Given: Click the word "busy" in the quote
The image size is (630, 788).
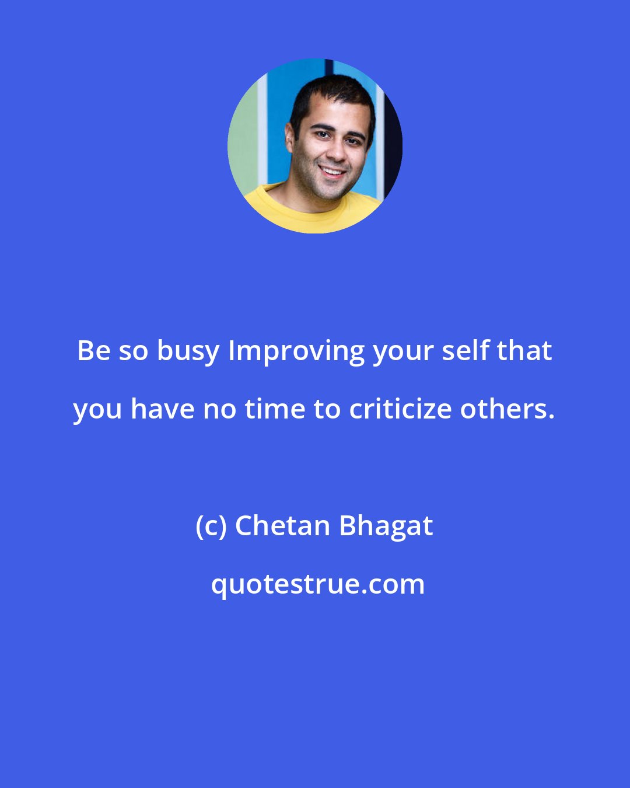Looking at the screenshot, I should [x=188, y=351].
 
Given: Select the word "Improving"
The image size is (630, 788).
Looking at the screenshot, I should [x=296, y=351].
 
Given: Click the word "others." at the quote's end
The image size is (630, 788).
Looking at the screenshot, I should [x=507, y=409].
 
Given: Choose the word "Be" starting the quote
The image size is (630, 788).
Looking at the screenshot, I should [x=93, y=351].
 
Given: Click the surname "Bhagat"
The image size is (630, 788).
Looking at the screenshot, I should [x=386, y=527].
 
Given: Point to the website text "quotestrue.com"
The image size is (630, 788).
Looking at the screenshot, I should [x=318, y=584].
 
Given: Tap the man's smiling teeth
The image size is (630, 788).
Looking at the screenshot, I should [x=332, y=172].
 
